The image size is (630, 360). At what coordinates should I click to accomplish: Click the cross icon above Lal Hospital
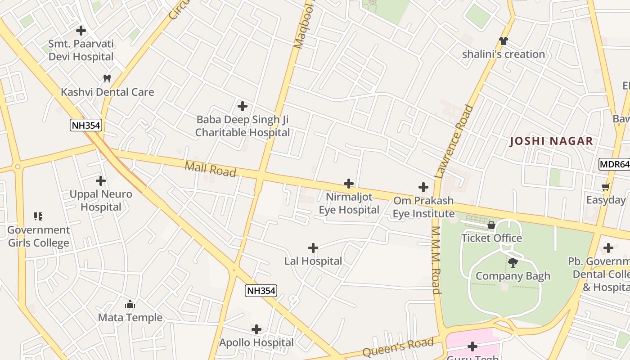pyautogui.click(x=313, y=248)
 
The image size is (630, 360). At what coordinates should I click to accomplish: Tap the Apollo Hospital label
pyautogui.click(x=256, y=342)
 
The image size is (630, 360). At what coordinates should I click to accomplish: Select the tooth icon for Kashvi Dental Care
pyautogui.click(x=107, y=78)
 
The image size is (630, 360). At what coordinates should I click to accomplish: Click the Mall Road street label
pyautogui.click(x=210, y=170)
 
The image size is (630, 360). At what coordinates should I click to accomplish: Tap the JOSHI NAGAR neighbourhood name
pyautogui.click(x=551, y=141)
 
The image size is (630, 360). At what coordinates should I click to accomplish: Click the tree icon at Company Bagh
pyautogui.click(x=513, y=262)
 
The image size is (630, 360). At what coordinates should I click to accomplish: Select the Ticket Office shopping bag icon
pyautogui.click(x=491, y=225)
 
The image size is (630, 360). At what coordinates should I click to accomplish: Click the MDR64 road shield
pyautogui.click(x=614, y=164)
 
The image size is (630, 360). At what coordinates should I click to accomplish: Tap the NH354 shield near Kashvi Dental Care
pyautogui.click(x=86, y=125)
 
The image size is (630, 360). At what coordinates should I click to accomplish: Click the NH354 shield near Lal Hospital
pyautogui.click(x=261, y=291)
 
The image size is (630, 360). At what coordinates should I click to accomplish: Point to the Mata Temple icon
pyautogui.click(x=130, y=305)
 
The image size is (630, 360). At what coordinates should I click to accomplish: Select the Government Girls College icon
pyautogui.click(x=38, y=216)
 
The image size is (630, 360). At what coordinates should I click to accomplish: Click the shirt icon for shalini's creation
pyautogui.click(x=503, y=41)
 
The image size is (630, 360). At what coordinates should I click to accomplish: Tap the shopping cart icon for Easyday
pyautogui.click(x=606, y=187)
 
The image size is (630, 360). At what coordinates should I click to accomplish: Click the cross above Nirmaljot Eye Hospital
pyautogui.click(x=349, y=184)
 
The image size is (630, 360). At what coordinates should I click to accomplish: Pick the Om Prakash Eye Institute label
pyautogui.click(x=423, y=207)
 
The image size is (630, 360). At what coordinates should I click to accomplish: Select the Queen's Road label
pyautogui.click(x=398, y=347)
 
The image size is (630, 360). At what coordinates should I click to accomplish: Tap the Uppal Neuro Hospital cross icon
pyautogui.click(x=101, y=181)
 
